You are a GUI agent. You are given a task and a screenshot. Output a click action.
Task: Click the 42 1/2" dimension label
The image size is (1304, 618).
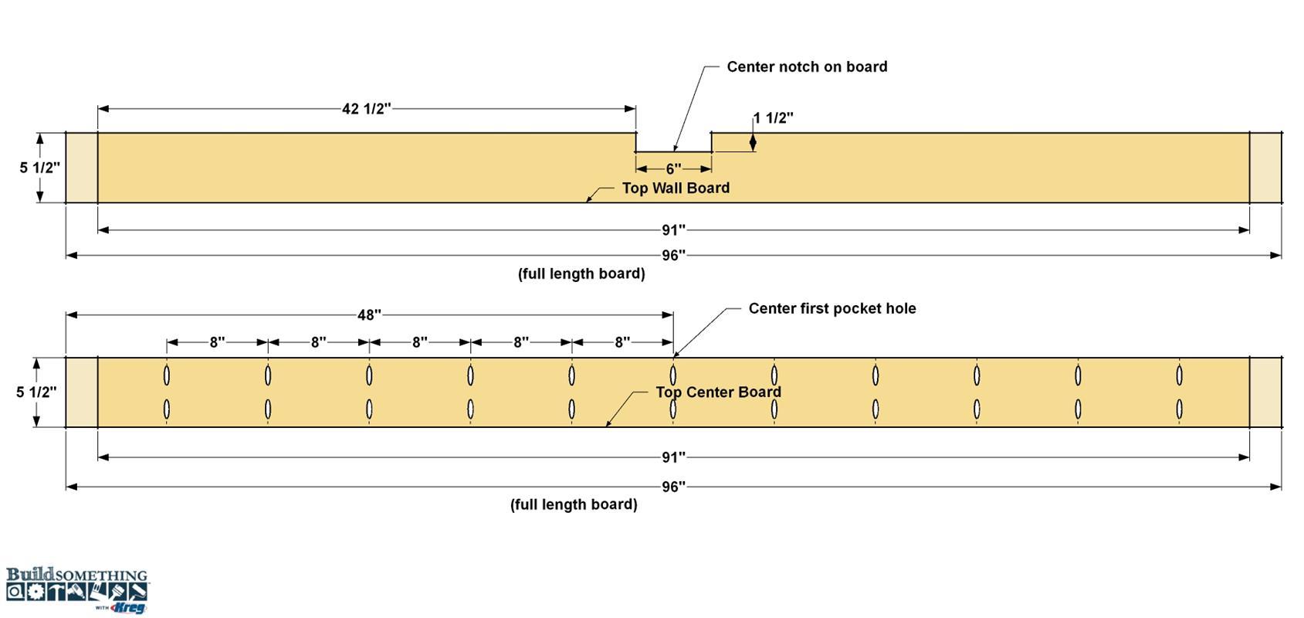pos(366,109)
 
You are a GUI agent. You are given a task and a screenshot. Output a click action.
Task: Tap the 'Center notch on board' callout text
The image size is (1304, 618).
pos(807,67)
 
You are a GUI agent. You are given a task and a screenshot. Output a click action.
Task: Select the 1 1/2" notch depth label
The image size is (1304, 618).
pos(773,118)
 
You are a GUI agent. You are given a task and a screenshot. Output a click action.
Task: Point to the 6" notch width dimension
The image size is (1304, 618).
pos(673,169)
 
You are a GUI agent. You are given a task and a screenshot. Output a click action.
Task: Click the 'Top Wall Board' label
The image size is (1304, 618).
pos(676,188)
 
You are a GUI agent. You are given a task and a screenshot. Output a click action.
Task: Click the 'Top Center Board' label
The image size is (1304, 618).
pos(718,392)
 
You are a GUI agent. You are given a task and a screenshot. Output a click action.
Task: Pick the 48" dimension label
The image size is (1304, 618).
pos(370,315)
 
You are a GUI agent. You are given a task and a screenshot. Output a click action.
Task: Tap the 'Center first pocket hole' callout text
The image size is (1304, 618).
pos(832,309)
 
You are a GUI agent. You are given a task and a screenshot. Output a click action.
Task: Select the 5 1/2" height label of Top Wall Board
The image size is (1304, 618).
pos(39,168)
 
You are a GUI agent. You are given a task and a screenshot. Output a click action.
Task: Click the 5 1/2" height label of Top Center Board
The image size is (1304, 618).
pos(36,392)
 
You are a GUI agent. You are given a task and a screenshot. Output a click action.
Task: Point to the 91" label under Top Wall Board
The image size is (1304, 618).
pos(673,230)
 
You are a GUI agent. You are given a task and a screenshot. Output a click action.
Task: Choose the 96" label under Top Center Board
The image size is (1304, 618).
pos(673,487)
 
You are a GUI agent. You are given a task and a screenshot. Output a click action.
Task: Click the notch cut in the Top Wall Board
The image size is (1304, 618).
pos(673,143)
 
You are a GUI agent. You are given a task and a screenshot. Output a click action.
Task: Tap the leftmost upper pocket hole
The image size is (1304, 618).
pos(167,375)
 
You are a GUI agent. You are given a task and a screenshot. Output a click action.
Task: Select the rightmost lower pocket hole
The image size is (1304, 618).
pos(1180,409)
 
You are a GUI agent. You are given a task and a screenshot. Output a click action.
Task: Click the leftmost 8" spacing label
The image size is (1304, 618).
pos(217,342)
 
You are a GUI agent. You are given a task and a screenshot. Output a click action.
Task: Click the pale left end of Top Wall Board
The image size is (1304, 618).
pos(82,168)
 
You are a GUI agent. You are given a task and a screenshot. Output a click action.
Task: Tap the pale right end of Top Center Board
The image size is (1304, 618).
pos(1265,392)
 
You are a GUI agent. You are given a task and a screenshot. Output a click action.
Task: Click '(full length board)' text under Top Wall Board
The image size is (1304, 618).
pos(581,273)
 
